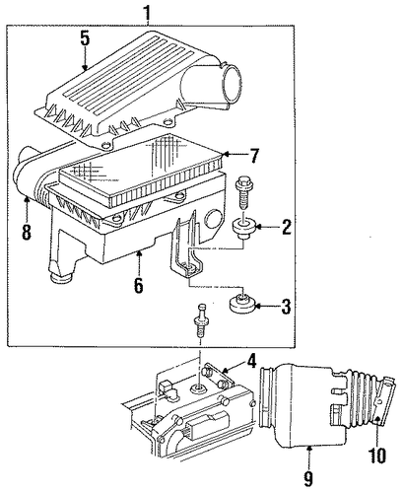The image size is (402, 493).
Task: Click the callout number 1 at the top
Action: (x=148, y=13)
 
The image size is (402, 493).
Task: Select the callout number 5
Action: (x=85, y=38)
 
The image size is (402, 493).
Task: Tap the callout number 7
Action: (x=253, y=156)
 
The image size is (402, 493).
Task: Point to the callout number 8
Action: (x=27, y=231)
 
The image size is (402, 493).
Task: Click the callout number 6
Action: (x=139, y=285)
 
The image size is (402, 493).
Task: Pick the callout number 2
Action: (x=286, y=227)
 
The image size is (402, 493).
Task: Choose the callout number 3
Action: (x=286, y=307)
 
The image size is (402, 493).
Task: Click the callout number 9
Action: (x=308, y=477)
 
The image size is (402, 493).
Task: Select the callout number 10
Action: (x=377, y=456)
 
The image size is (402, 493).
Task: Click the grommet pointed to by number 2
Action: (x=243, y=229)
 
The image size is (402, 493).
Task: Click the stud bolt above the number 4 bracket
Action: (x=200, y=321)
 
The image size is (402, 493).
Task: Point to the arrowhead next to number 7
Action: (x=226, y=154)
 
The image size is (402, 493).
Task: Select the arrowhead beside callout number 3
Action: (x=258, y=307)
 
